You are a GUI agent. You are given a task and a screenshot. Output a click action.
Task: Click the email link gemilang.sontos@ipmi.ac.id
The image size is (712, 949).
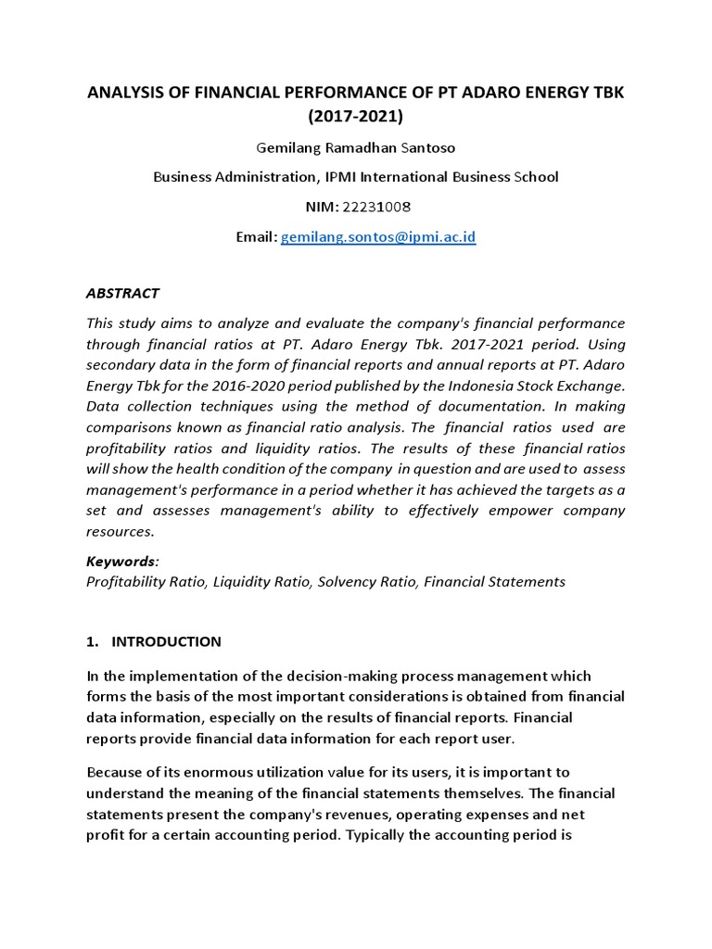378,237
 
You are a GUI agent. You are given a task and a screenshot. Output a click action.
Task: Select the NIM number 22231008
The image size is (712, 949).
378,207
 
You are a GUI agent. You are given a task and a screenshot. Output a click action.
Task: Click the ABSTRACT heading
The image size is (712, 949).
122,294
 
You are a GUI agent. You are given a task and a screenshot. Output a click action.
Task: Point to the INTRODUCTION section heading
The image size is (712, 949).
166,641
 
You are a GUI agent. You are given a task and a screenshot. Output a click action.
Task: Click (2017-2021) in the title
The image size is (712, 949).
355,117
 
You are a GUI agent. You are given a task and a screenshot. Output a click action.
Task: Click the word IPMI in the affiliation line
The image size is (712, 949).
335,176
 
